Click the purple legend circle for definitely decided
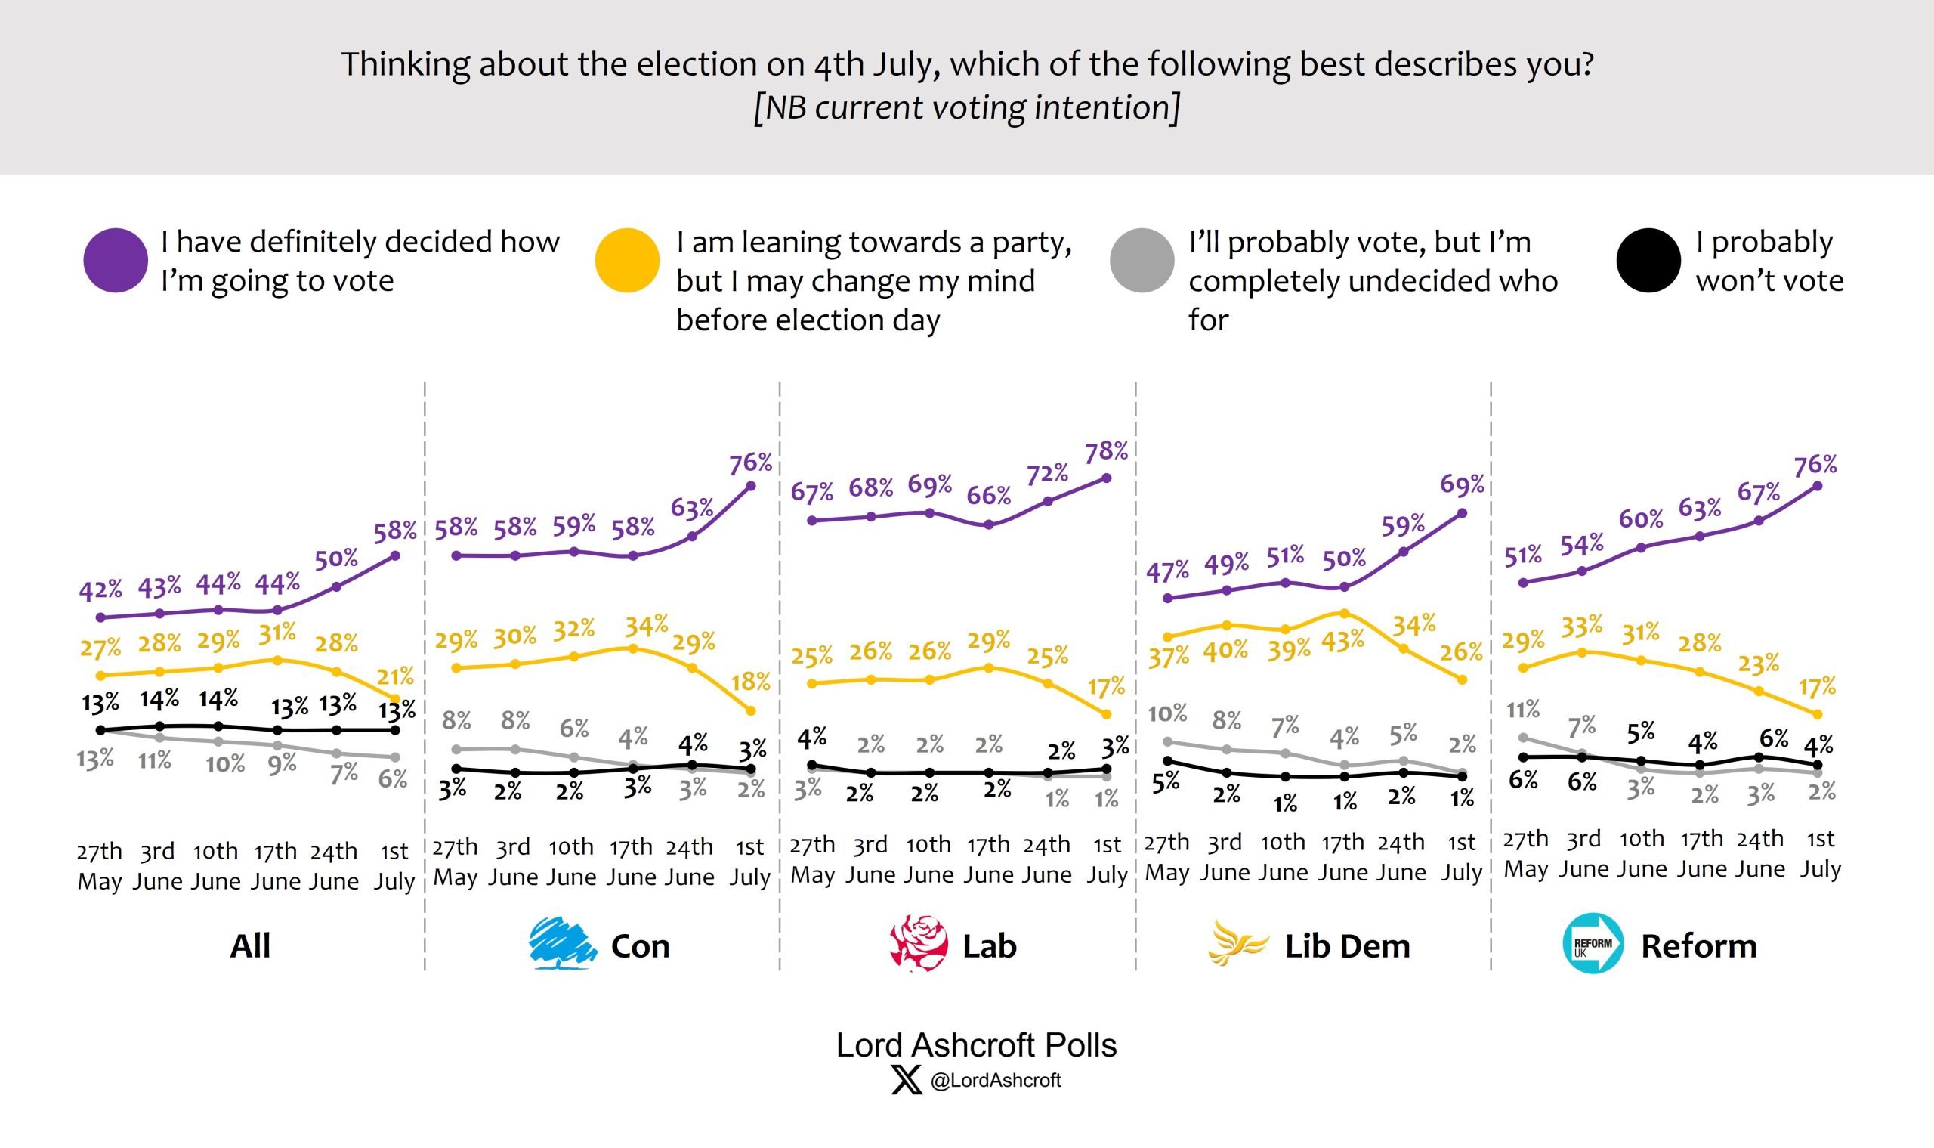click(116, 260)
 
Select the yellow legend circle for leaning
click(627, 260)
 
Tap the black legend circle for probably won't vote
click(1648, 260)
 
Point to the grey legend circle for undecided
click(1142, 260)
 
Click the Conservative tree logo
click(562, 943)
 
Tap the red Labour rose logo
click(919, 943)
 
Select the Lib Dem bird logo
click(1237, 943)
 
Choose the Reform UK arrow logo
click(1593, 943)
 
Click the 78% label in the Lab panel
click(1106, 452)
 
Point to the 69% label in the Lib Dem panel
click(1462, 485)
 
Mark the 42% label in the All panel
click(100, 590)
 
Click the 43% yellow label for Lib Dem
click(1342, 642)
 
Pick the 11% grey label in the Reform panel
click(1523, 709)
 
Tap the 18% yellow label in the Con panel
click(751, 682)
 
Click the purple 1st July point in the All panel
click(395, 555)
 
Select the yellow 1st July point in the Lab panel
click(1106, 714)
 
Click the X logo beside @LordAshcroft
click(907, 1080)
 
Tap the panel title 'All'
click(250, 946)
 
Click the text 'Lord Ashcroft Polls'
click(976, 1045)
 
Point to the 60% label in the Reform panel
click(1640, 518)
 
